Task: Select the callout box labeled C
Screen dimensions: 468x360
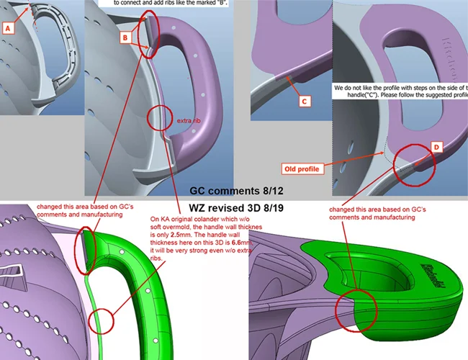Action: (304, 102)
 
